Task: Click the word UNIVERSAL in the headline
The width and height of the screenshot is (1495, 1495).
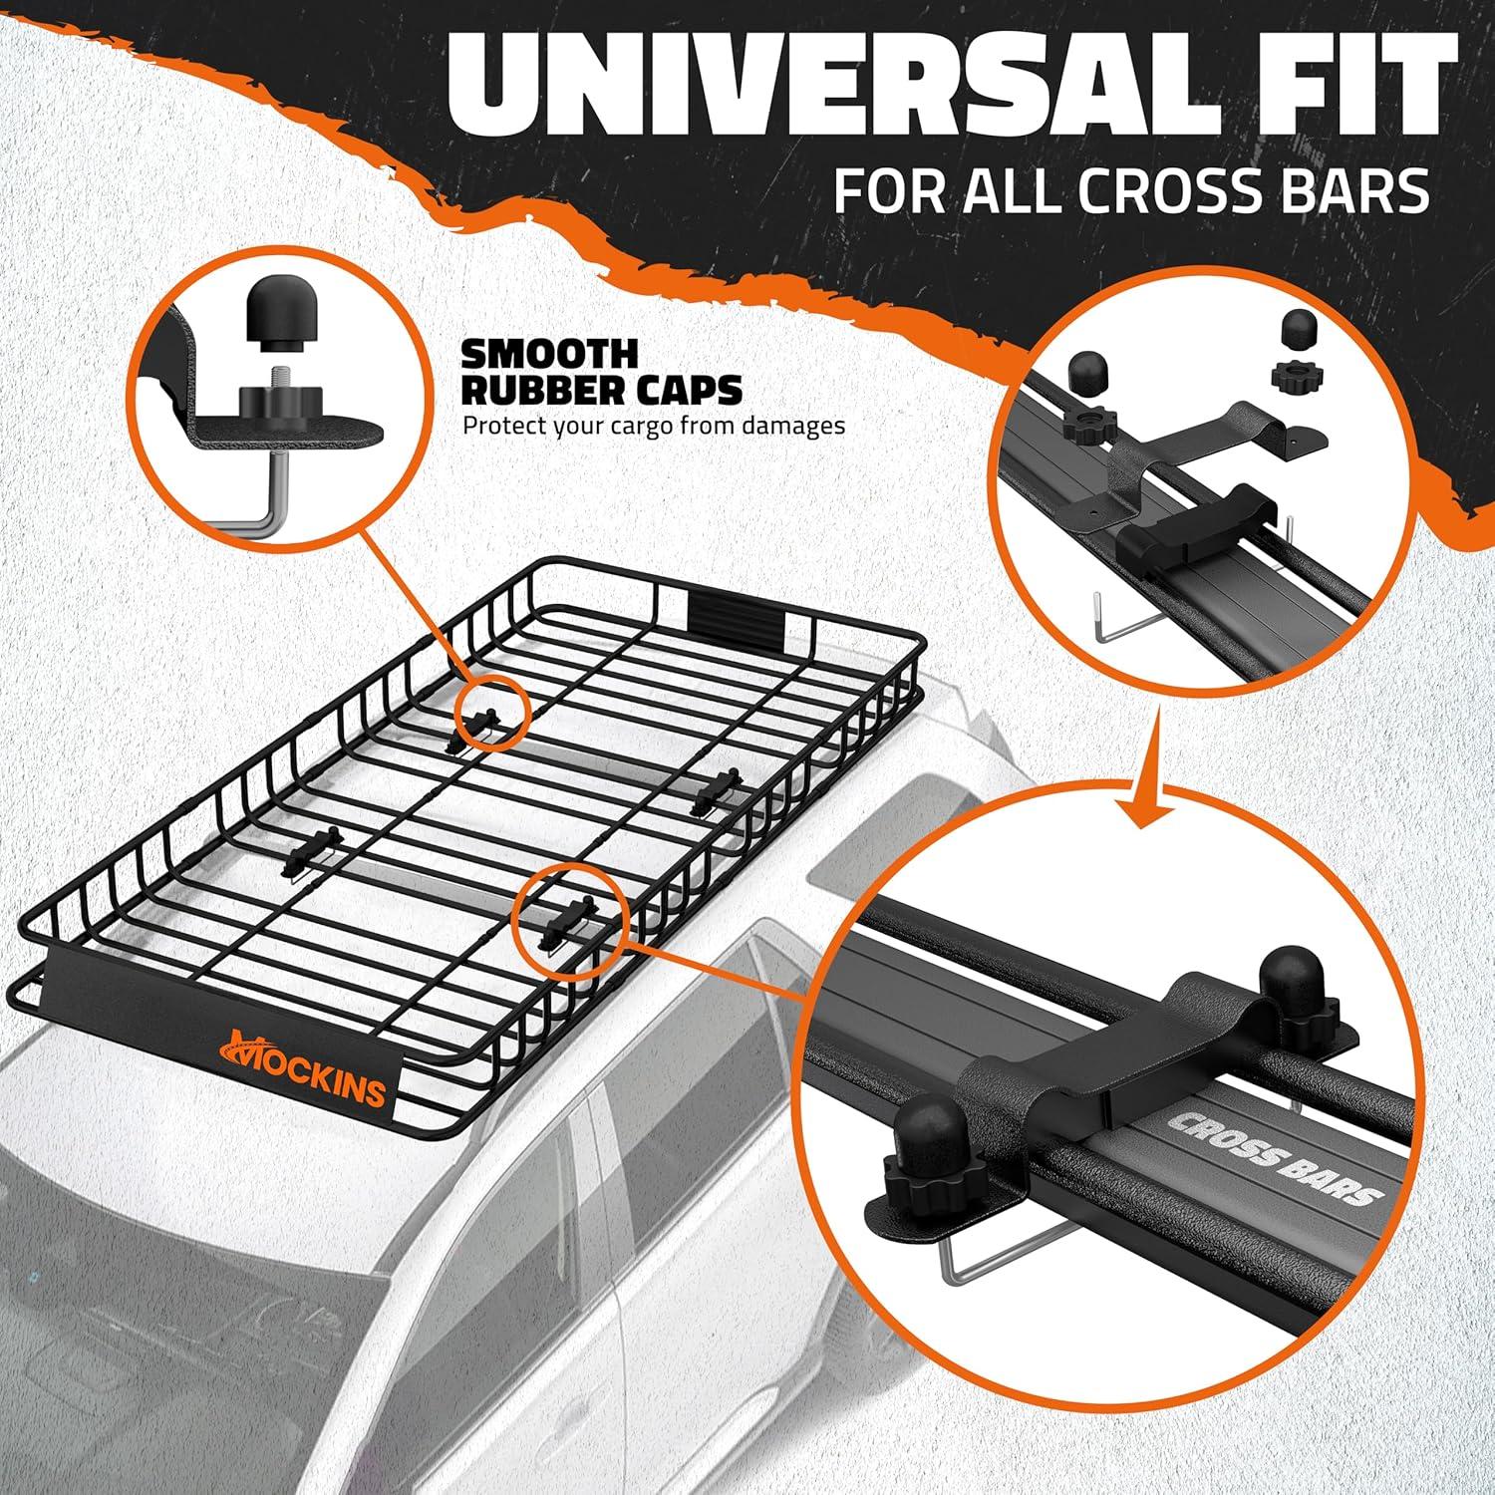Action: pos(816,90)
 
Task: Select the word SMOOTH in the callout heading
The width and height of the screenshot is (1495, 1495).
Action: pos(549,354)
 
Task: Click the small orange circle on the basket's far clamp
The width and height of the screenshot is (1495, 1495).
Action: pos(488,714)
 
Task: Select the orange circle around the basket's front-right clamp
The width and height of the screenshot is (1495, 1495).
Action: pos(569,915)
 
